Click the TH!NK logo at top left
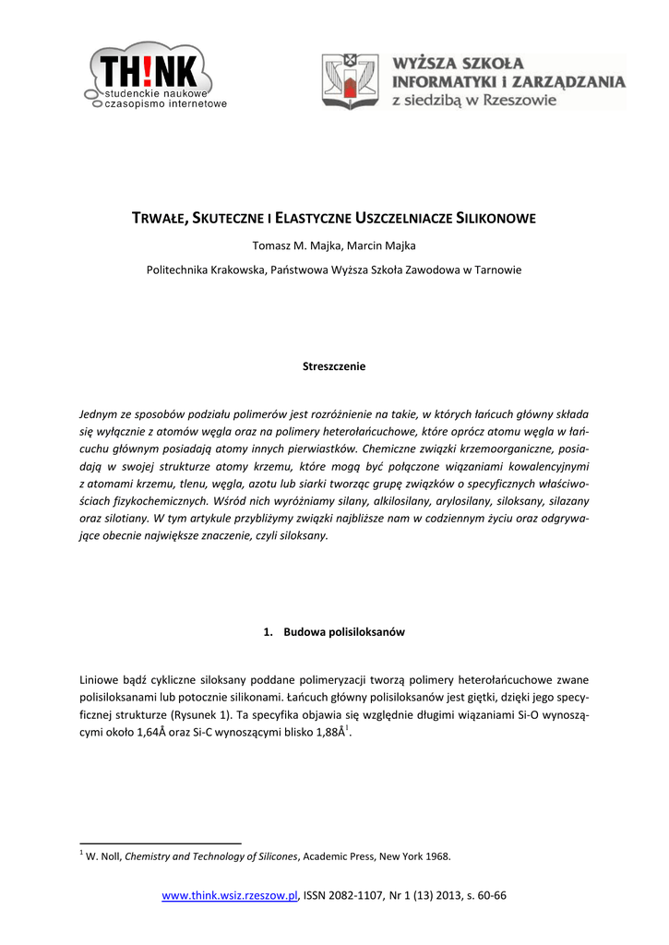click(152, 76)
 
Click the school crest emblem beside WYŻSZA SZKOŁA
click(348, 80)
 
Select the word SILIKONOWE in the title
click(497, 219)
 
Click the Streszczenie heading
click(334, 366)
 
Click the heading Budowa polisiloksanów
click(343, 632)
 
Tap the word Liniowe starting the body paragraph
click(100, 680)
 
